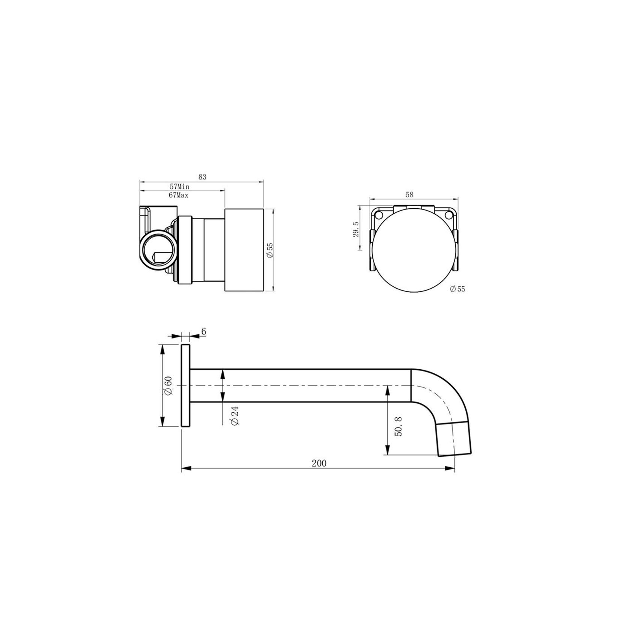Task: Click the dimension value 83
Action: (202, 177)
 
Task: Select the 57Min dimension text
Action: (179, 187)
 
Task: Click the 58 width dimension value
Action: (409, 195)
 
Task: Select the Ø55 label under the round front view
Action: (457, 289)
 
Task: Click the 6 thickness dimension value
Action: (204, 331)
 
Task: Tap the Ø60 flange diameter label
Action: (168, 385)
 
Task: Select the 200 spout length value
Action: (319, 463)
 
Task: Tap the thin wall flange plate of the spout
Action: (185, 385)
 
